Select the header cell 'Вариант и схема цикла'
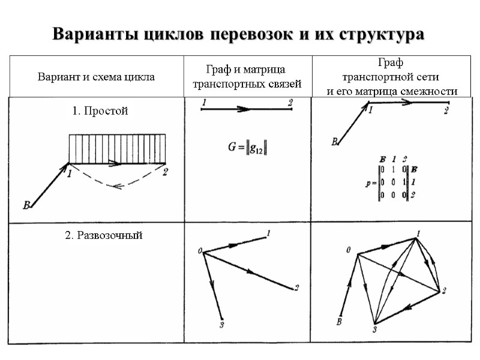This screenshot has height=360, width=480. click(96, 77)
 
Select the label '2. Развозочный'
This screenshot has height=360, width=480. click(103, 235)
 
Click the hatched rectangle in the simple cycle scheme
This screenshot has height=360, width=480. click(117, 149)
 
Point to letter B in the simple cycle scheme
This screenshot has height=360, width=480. click(26, 206)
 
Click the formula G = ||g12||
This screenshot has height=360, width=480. click(247, 148)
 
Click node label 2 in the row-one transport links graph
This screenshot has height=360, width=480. click(290, 103)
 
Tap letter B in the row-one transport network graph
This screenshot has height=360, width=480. click(334, 142)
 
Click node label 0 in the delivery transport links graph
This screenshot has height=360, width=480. click(199, 252)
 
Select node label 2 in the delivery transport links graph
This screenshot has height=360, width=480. click(296, 288)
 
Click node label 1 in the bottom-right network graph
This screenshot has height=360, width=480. click(418, 233)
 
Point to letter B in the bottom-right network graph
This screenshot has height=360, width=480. click(340, 323)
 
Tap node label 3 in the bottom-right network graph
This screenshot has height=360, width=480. click(374, 328)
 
